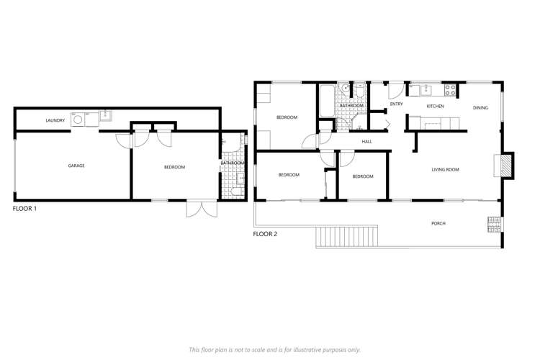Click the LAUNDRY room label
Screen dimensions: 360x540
coord(55,120)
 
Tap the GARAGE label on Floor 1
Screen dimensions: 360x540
coord(76,166)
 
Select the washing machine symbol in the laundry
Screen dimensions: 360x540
coord(78,118)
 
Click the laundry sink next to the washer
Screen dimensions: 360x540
coord(105,114)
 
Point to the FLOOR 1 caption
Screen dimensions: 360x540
coord(24,209)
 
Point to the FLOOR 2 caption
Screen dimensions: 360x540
coord(265,234)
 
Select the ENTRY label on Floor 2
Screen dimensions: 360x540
coord(396,104)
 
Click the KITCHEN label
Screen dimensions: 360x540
coord(436,107)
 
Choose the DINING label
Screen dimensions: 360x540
coord(480,108)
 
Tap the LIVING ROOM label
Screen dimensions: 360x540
coord(445,170)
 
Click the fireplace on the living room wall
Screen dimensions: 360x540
coord(507,165)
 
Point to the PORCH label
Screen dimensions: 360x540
coord(438,223)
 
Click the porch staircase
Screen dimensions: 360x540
coord(348,235)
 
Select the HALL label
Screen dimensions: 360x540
coord(366,141)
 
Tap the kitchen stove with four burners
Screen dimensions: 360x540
coord(450,90)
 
